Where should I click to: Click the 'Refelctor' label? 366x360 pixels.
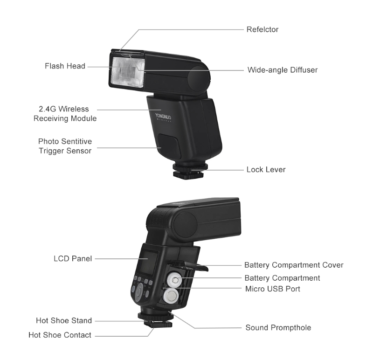tap(262, 30)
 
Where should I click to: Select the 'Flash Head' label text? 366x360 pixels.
tap(65, 66)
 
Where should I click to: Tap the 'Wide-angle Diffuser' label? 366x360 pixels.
tap(282, 70)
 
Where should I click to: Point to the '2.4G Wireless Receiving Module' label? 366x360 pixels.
tap(65, 114)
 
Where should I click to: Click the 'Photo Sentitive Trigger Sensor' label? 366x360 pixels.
tap(65, 146)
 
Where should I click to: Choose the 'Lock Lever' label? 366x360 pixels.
tap(266, 169)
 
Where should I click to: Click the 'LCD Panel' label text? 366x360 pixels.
tap(72, 258)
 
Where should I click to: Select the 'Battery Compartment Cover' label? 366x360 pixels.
tap(294, 265)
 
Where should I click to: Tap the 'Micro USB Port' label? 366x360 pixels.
tap(273, 289)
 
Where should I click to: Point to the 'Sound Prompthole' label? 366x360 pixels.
tap(278, 328)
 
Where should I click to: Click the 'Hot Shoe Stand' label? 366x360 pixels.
tap(64, 321)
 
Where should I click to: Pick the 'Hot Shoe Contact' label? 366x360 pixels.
tap(60, 335)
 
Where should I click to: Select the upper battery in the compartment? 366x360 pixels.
tap(175, 280)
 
